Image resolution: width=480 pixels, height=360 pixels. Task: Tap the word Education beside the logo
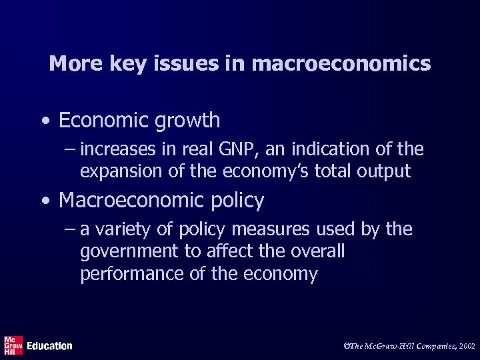(49, 346)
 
